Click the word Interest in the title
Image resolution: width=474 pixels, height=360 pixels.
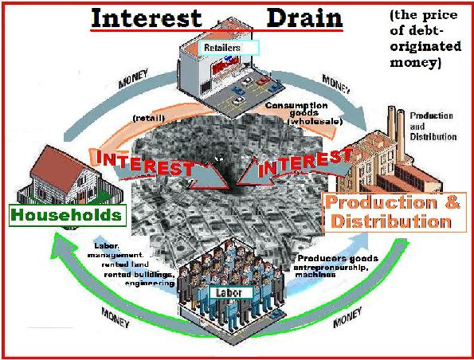click(147, 18)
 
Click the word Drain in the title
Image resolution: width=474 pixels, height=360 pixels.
click(304, 18)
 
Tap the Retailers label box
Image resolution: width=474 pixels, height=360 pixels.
click(229, 48)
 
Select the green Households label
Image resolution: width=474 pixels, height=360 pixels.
click(68, 216)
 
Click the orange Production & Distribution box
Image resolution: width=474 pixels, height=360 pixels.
click(394, 213)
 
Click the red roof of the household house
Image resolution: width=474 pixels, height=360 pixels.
click(61, 168)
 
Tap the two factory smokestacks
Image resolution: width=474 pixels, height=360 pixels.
click(396, 133)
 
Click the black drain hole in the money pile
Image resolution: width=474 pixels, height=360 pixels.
click(229, 182)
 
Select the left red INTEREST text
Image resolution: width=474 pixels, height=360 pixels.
click(144, 163)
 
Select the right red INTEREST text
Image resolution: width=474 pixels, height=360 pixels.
click(304, 163)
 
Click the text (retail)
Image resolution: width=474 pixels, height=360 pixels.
click(149, 118)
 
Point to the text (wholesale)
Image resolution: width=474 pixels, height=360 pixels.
click(315, 122)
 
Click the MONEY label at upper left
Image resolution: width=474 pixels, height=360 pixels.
click(133, 78)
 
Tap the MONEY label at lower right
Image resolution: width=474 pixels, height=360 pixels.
click(347, 317)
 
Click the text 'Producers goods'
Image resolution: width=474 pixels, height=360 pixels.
click(338, 258)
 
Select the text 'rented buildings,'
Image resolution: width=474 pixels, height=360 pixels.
click(139, 275)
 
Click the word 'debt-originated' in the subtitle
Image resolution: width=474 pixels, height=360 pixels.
click(425, 38)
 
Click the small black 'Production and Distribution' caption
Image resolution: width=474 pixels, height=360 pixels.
click(433, 127)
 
